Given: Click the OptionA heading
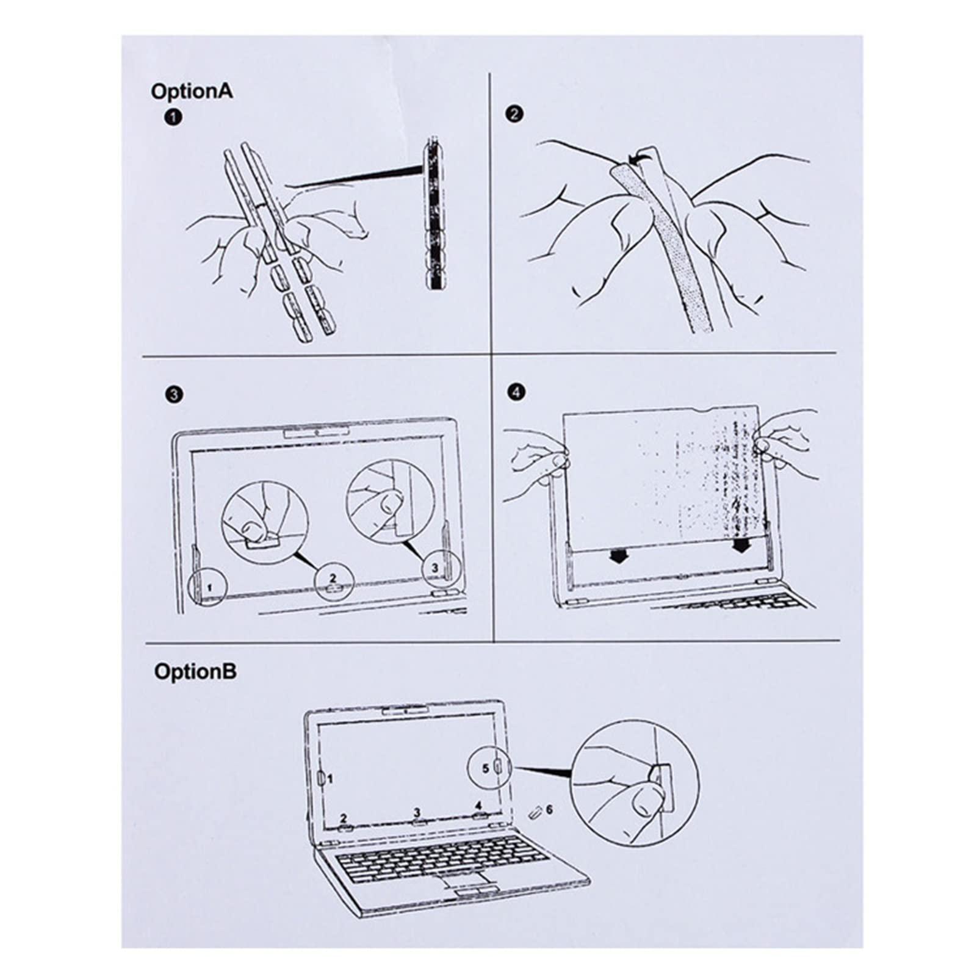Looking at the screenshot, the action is tap(192, 92).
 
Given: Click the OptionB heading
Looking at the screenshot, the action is tap(195, 672).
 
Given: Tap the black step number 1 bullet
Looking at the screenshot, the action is tap(173, 117).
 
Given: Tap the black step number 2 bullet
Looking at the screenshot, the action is tap(515, 114).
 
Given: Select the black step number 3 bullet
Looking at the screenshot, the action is tap(174, 394).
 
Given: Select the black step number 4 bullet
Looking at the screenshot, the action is tap(516, 392).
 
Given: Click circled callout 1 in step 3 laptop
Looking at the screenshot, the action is tap(209, 587).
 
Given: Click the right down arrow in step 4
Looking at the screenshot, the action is tap(741, 544).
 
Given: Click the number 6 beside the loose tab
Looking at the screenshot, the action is tap(549, 809).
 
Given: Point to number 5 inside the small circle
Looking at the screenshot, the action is tap(486, 768).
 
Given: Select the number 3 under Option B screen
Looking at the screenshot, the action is tap(417, 812).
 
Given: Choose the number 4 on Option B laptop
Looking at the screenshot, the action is tap(478, 806).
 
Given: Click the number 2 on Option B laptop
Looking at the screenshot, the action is tap(344, 818).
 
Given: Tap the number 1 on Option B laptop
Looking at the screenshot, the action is tap(330, 779).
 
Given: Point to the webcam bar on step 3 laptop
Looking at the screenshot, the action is tap(317, 433).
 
